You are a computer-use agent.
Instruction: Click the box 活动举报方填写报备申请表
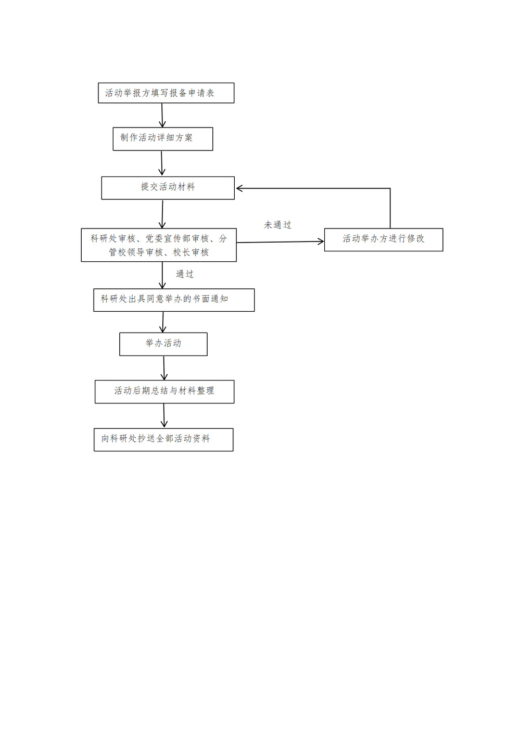click(166, 93)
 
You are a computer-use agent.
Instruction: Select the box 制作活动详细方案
click(162, 139)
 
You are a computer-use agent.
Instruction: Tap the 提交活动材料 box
click(168, 188)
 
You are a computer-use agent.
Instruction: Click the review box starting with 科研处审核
click(159, 245)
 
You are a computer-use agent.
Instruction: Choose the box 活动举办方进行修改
click(383, 240)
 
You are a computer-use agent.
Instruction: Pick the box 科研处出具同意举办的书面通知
click(174, 300)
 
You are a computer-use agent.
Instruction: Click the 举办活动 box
click(163, 344)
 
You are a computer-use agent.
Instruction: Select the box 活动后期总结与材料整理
click(164, 391)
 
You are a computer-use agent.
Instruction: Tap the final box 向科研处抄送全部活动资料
click(163, 440)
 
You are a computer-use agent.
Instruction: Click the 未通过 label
click(277, 225)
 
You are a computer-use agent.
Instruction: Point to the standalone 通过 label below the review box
click(185, 274)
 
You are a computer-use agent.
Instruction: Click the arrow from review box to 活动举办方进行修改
click(280, 242)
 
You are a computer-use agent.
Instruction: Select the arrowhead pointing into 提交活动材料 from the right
click(239, 188)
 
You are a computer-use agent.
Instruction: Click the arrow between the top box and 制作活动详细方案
click(162, 116)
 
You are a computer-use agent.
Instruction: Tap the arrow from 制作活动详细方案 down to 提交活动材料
click(161, 163)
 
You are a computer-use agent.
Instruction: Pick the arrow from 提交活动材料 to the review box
click(162, 214)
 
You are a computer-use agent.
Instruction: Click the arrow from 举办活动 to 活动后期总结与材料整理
click(164, 368)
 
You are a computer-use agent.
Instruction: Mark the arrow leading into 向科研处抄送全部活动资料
click(164, 416)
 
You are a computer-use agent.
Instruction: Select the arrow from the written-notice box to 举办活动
click(163, 322)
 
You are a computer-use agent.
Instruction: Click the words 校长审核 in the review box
click(191, 252)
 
